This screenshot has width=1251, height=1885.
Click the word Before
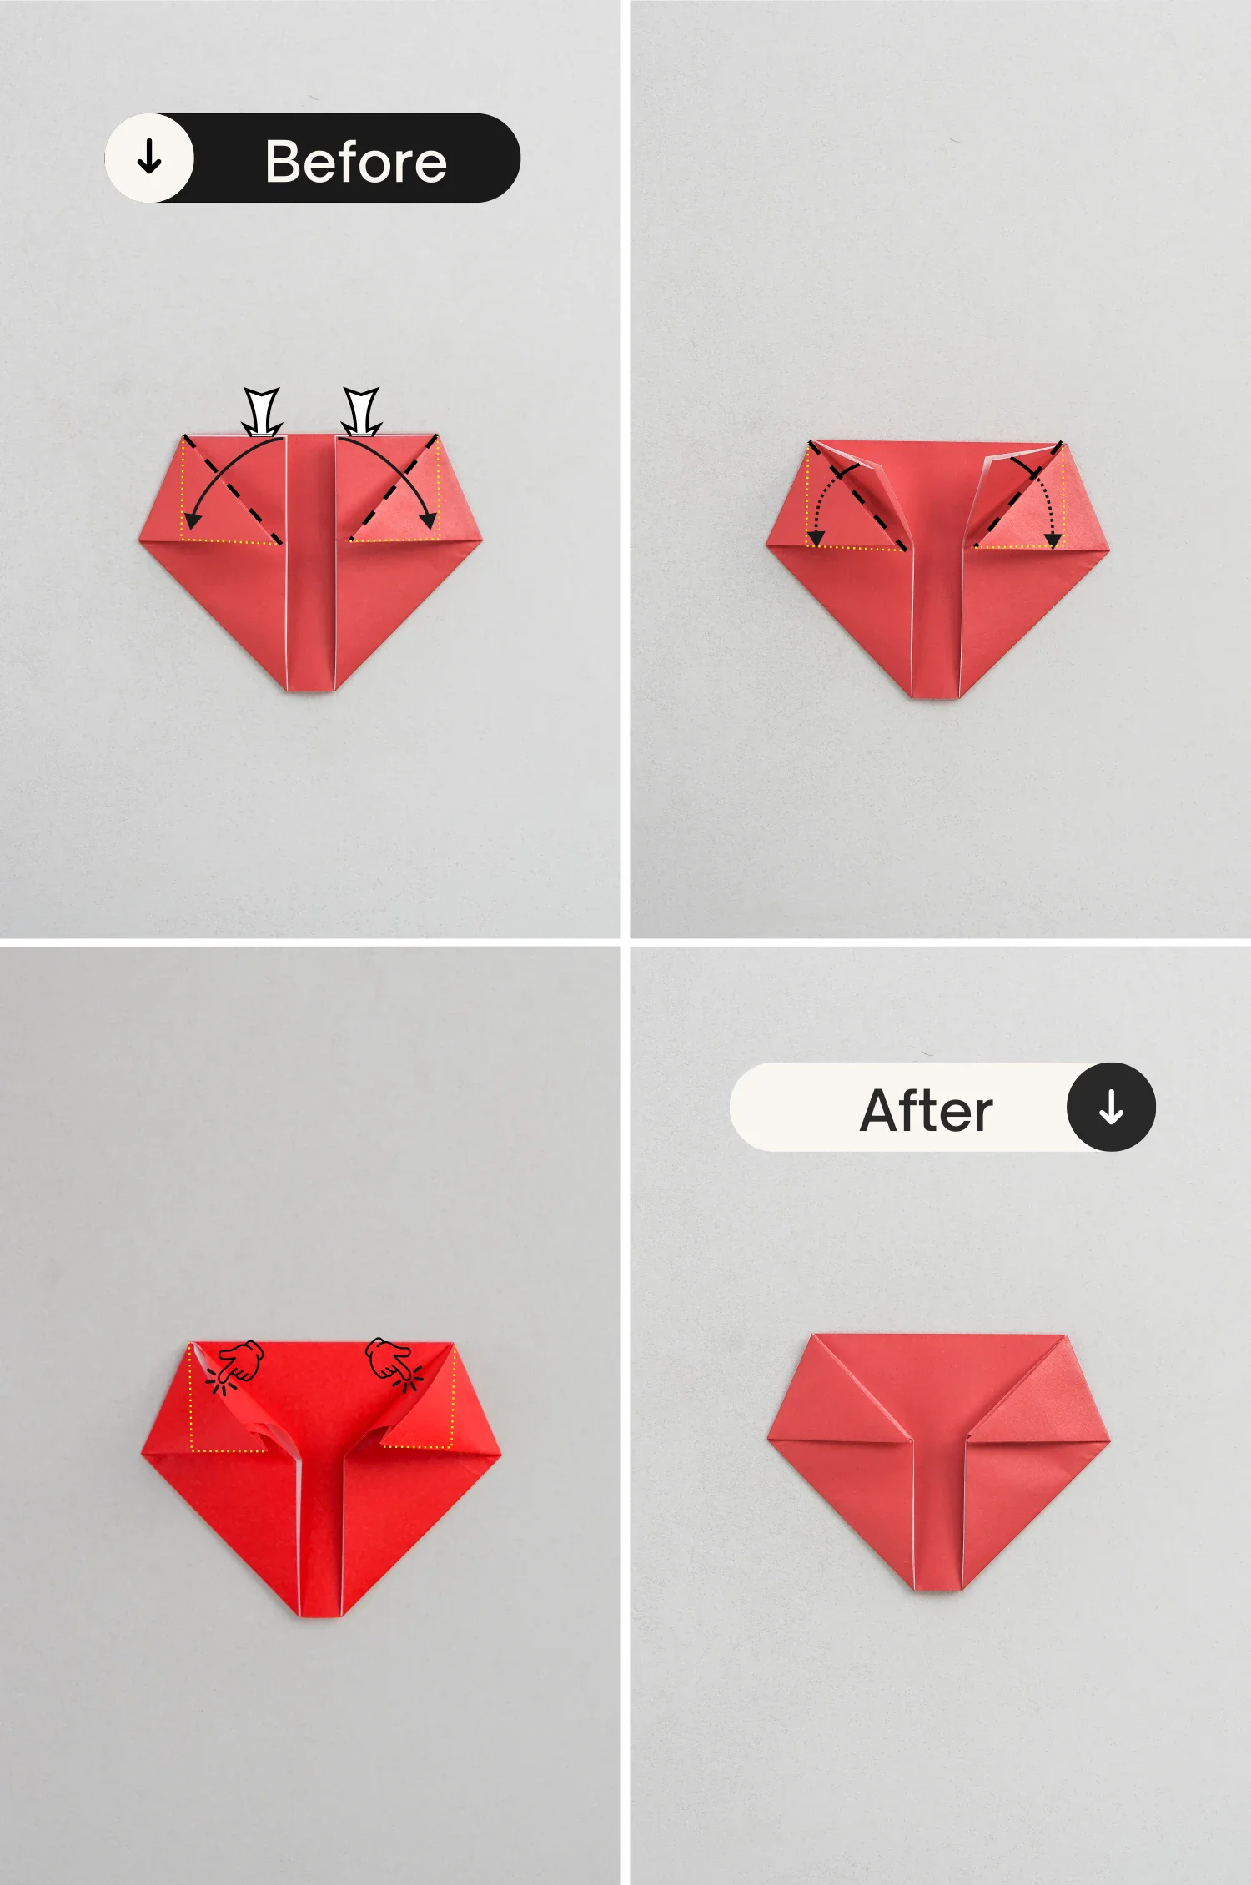(x=356, y=161)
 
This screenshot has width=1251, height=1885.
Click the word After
(x=927, y=1110)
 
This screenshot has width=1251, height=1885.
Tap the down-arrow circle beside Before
(x=149, y=158)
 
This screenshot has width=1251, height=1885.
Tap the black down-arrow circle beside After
(x=1111, y=1107)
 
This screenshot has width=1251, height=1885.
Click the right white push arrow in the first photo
(x=361, y=411)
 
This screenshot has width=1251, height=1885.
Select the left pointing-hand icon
(x=238, y=1365)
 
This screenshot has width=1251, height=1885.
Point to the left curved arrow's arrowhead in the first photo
(x=192, y=520)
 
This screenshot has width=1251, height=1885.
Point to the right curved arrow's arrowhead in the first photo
(x=430, y=520)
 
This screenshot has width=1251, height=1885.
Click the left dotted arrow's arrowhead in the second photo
(x=816, y=539)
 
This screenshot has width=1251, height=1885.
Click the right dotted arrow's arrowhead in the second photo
(x=1054, y=540)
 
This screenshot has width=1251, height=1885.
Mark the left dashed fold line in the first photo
(x=233, y=490)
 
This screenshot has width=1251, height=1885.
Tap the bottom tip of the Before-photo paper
(x=310, y=690)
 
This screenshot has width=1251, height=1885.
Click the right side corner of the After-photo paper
(x=1109, y=1440)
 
